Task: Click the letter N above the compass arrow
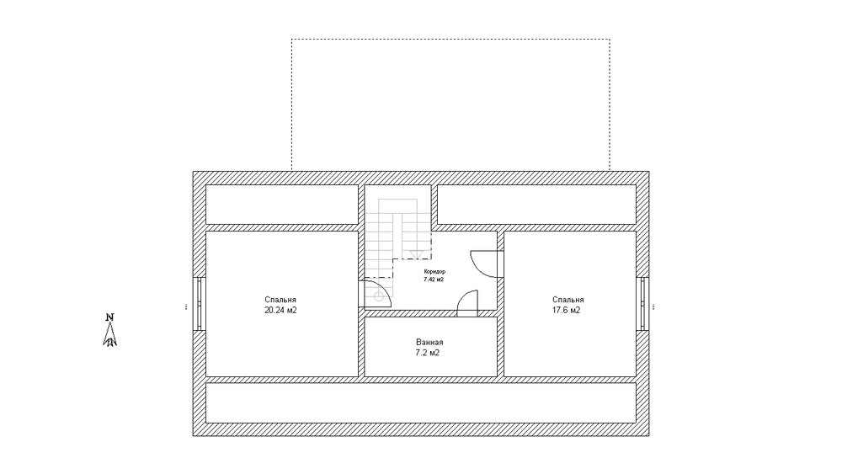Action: click(x=110, y=317)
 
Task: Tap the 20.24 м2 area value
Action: click(x=280, y=311)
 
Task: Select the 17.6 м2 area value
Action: click(x=567, y=311)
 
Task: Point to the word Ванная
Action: click(x=429, y=342)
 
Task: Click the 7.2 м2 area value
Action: click(x=428, y=353)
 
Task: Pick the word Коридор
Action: click(x=434, y=272)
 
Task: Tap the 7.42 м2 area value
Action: click(x=434, y=280)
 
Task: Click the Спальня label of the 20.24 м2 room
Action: click(x=280, y=300)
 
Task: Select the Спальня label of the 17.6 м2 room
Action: click(x=568, y=300)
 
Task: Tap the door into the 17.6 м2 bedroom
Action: click(x=486, y=264)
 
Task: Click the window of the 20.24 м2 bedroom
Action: click(x=200, y=303)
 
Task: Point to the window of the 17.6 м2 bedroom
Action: click(x=642, y=303)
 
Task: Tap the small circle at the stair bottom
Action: click(x=379, y=297)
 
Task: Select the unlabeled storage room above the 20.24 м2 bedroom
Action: click(x=282, y=205)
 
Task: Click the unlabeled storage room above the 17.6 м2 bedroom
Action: click(x=536, y=205)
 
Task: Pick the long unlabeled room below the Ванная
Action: click(x=421, y=402)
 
